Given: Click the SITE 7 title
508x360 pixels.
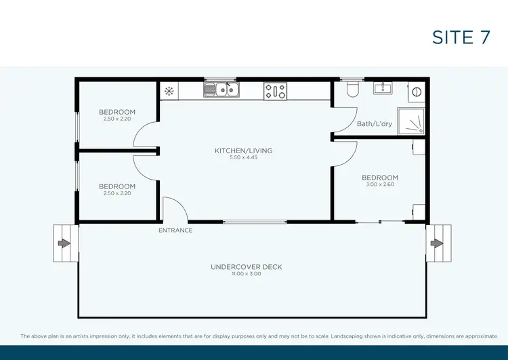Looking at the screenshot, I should pos(461,37).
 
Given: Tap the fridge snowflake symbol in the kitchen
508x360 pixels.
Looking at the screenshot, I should pos(168,90).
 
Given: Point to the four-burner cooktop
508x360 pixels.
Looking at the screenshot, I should pos(275,91).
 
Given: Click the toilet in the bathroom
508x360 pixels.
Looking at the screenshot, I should pos(352,89).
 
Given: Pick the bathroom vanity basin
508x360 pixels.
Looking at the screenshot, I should pos(383,88).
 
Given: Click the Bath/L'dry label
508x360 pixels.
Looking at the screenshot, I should pos(374,124).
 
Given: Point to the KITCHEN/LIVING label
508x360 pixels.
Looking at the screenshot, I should pos(243,151).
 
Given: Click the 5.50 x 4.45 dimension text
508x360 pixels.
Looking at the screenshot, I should pos(243,157).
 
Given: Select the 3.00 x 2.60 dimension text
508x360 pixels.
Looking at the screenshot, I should pos(379,184).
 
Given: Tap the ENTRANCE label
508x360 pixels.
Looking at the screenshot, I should pos(175,231).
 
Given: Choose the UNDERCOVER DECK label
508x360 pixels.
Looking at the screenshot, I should pos(246,267).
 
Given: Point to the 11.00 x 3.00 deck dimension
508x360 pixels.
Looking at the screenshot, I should pos(246,274).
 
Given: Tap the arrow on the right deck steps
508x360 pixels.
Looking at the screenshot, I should pos(438,243).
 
